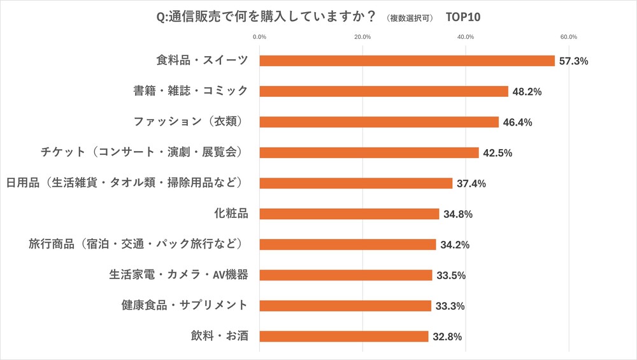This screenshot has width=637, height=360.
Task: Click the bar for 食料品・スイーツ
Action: [407, 61]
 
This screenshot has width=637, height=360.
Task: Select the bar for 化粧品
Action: [349, 214]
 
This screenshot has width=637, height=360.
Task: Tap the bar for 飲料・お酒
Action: [344, 336]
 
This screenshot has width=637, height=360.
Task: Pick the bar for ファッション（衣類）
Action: [379, 122]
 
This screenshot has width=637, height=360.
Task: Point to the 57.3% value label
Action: [573, 61]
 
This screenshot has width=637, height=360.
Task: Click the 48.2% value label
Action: [527, 92]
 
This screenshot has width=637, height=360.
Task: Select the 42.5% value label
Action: [497, 153]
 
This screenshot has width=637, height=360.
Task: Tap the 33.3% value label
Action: [450, 306]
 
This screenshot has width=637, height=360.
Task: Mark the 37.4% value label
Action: [471, 184]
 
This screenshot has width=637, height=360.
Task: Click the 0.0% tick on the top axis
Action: [259, 36]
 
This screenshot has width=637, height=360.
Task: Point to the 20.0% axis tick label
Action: [362, 36]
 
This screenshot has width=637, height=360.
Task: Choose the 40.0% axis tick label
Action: [466, 36]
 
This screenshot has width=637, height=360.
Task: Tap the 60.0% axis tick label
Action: [569, 36]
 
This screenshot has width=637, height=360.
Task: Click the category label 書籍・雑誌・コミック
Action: [190, 91]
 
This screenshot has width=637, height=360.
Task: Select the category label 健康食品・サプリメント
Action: [184, 305]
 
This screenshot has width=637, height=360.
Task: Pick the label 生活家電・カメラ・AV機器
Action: [178, 275]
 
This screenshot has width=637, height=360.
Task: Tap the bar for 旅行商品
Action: [348, 245]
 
